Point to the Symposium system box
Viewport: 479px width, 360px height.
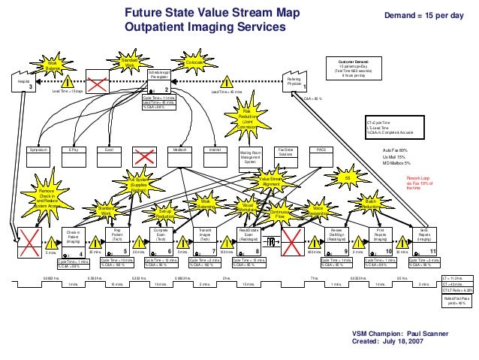click(x=38, y=150)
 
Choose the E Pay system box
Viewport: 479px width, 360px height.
click(x=74, y=150)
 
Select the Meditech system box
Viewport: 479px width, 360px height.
click(x=179, y=150)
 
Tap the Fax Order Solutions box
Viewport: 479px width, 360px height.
click(x=287, y=153)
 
